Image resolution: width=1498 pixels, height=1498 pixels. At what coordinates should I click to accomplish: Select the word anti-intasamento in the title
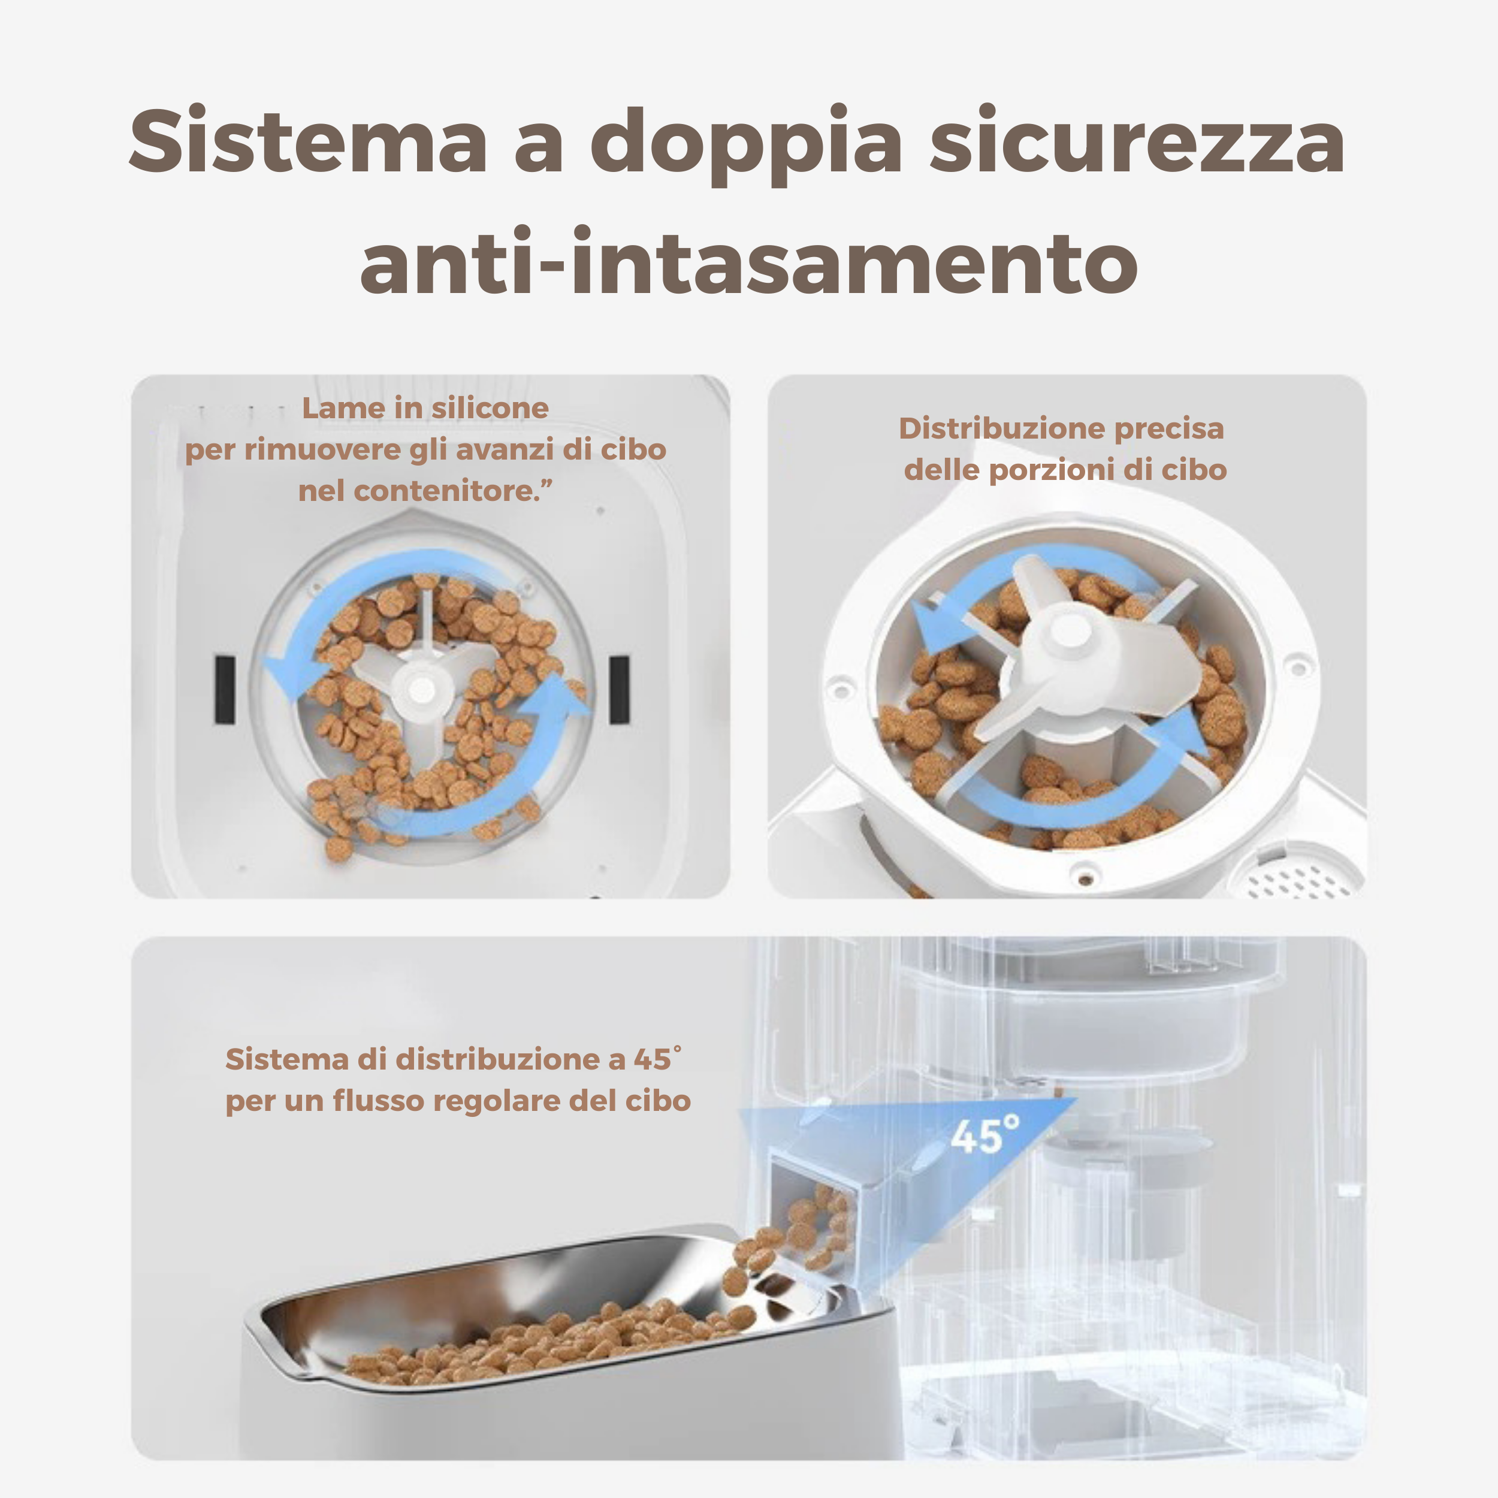(x=748, y=262)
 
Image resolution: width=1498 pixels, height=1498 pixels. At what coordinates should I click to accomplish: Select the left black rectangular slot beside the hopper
(x=225, y=689)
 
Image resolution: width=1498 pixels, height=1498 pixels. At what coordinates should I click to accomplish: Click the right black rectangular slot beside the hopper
(x=620, y=689)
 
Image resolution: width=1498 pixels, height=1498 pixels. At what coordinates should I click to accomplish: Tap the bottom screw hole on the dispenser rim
(x=1083, y=878)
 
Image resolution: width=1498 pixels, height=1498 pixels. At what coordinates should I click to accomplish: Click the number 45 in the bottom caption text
(x=651, y=1059)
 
